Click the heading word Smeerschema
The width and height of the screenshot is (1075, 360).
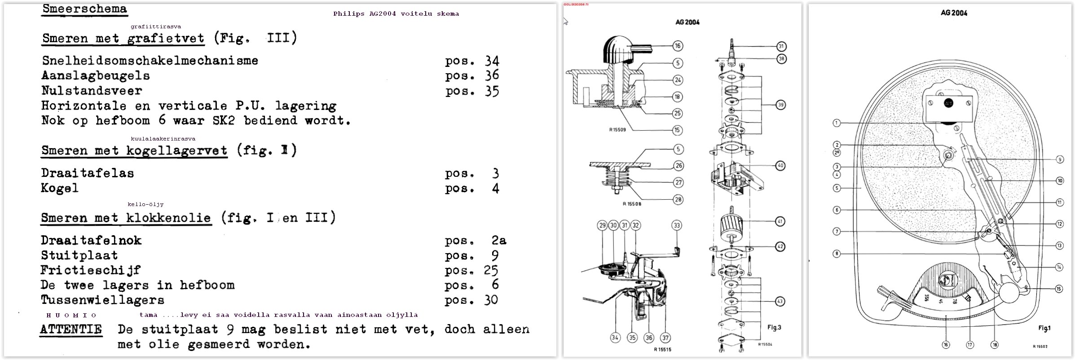[x=84, y=9]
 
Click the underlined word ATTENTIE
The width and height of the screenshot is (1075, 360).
[x=70, y=329]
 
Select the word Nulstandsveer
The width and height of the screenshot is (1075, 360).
[x=92, y=91]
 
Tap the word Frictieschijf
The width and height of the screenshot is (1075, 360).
[x=90, y=270]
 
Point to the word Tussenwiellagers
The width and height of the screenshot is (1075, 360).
[x=102, y=300]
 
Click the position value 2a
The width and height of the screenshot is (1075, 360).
[x=498, y=241]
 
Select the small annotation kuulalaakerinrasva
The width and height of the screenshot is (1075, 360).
[x=163, y=139]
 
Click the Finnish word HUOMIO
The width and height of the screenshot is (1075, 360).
[x=71, y=315]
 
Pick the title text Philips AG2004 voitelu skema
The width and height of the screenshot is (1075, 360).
[x=396, y=14]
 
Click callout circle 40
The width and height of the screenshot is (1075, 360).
[x=780, y=166]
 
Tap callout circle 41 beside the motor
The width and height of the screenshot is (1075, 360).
[x=780, y=221]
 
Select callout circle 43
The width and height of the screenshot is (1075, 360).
[x=780, y=301]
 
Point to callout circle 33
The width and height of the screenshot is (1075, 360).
[x=677, y=225]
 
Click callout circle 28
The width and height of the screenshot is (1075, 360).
[x=678, y=200]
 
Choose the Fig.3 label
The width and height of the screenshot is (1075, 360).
[x=774, y=327]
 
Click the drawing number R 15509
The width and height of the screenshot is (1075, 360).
[x=617, y=130]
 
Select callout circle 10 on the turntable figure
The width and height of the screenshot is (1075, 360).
[x=1060, y=181]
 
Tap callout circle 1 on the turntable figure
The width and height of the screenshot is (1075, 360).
[x=836, y=123]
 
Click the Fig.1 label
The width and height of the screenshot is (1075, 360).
[x=1044, y=328]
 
